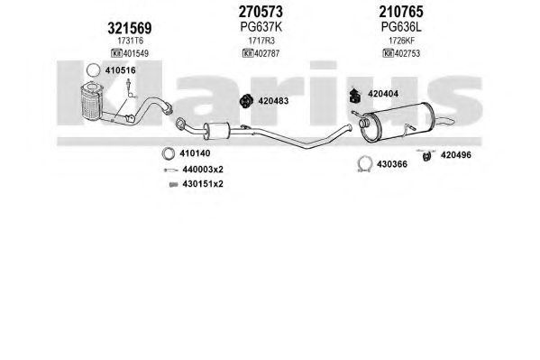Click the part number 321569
tap(130, 28)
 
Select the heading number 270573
tap(261, 12)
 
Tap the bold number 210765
tap(401, 12)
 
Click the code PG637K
tap(261, 27)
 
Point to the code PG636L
tap(401, 27)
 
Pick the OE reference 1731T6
tap(130, 41)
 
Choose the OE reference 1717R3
tap(261, 41)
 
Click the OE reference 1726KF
tap(401, 41)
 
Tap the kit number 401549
tap(136, 53)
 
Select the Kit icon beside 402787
tap(248, 53)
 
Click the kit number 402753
tap(407, 53)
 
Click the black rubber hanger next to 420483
tap(245, 101)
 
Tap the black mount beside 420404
tap(354, 95)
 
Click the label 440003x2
tap(203, 170)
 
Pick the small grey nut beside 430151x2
tap(174, 184)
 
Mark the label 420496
tap(455, 155)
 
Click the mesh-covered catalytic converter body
tap(90, 103)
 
